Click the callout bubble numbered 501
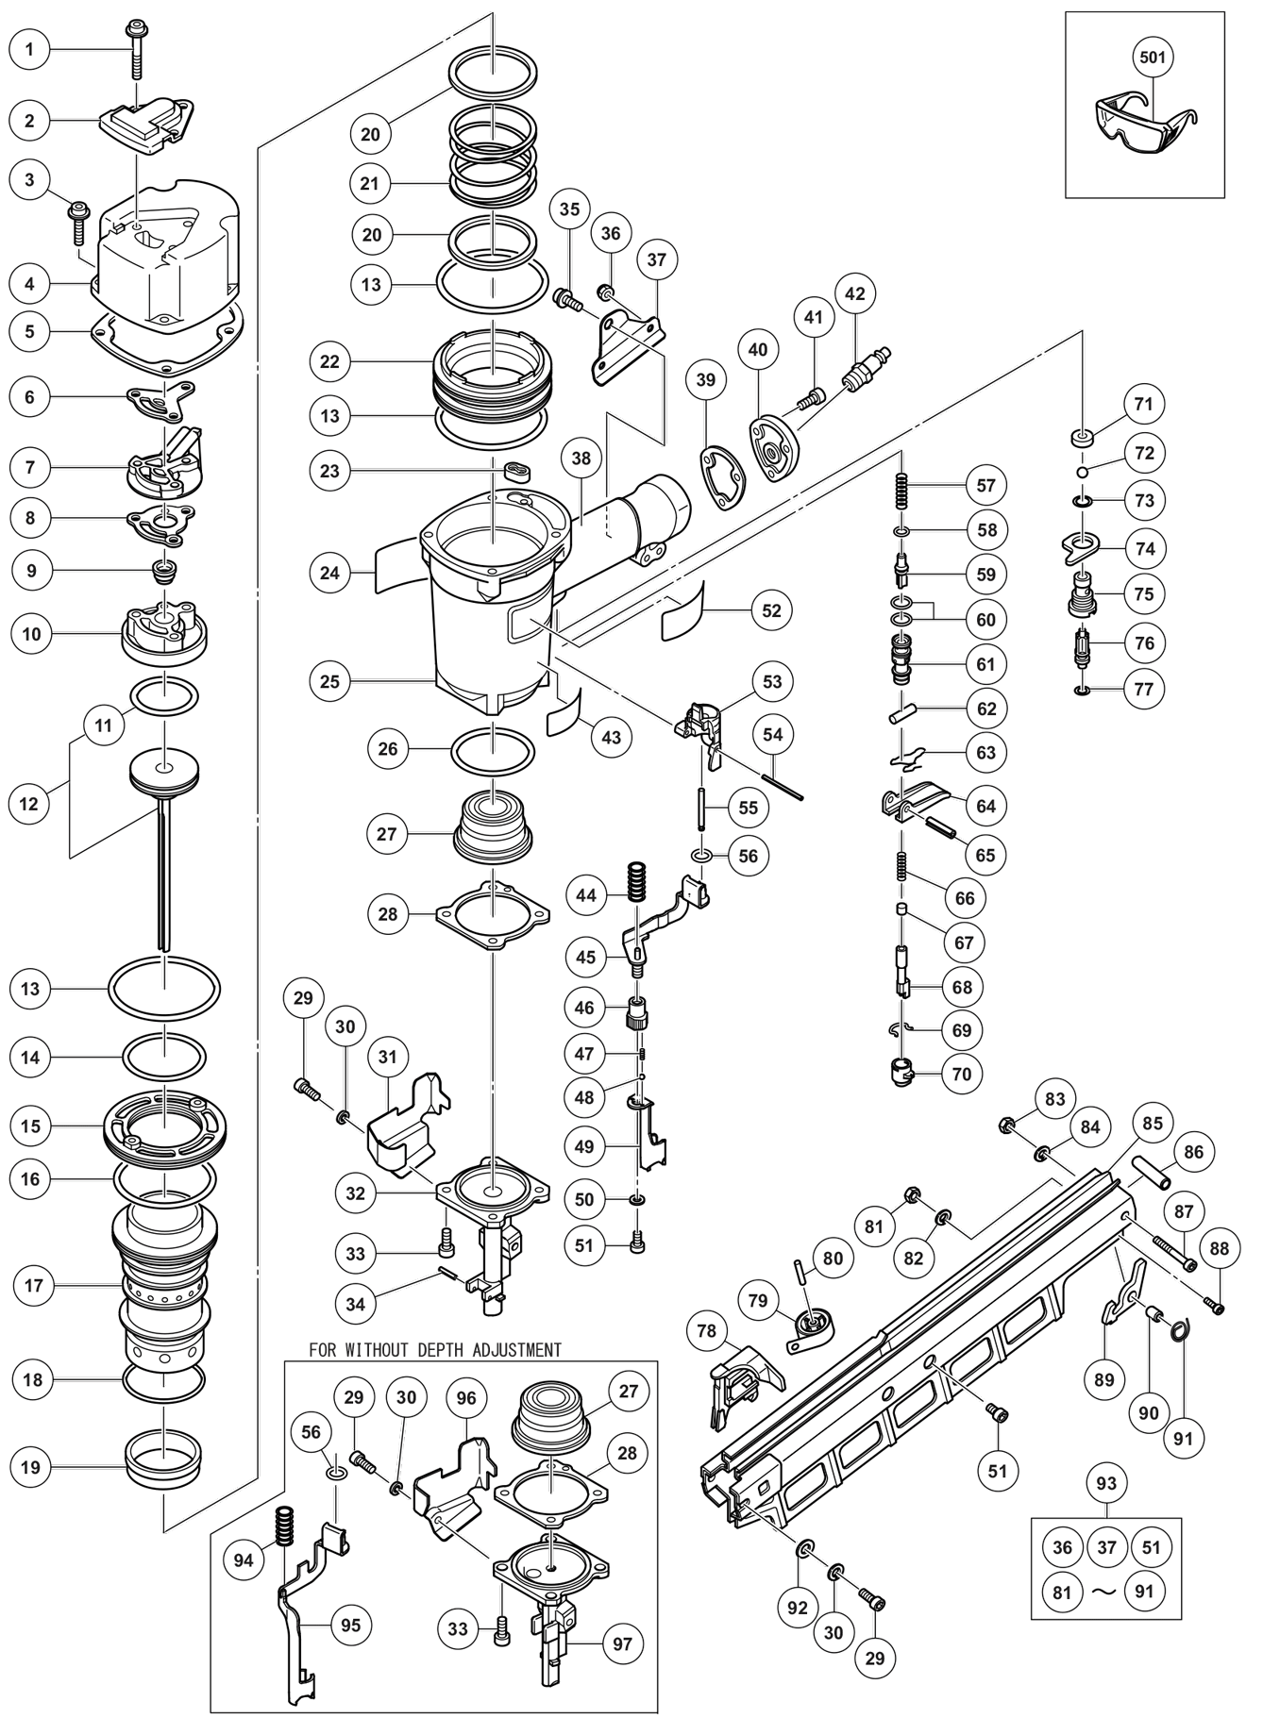pos(1153,57)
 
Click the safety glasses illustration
pos(1144,127)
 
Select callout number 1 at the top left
pos(30,49)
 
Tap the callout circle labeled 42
pos(854,293)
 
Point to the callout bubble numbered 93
pos(1106,1483)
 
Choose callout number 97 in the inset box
pos(622,1643)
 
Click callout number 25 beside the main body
pos(330,681)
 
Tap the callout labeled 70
pos(962,1074)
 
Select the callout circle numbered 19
pos(32,1467)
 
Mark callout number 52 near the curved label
pos(771,610)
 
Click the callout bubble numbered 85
pos(1153,1124)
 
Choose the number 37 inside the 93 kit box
pos(1106,1547)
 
